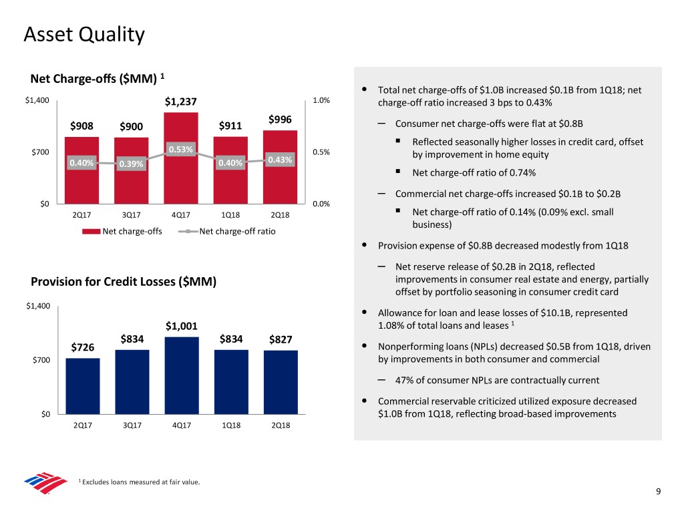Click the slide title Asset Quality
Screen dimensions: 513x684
click(x=83, y=33)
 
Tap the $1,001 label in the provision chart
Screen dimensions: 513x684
click(x=181, y=327)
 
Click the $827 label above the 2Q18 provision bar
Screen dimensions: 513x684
click(x=281, y=339)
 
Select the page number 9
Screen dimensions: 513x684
click(x=659, y=492)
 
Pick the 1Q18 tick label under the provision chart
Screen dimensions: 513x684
click(x=230, y=425)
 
